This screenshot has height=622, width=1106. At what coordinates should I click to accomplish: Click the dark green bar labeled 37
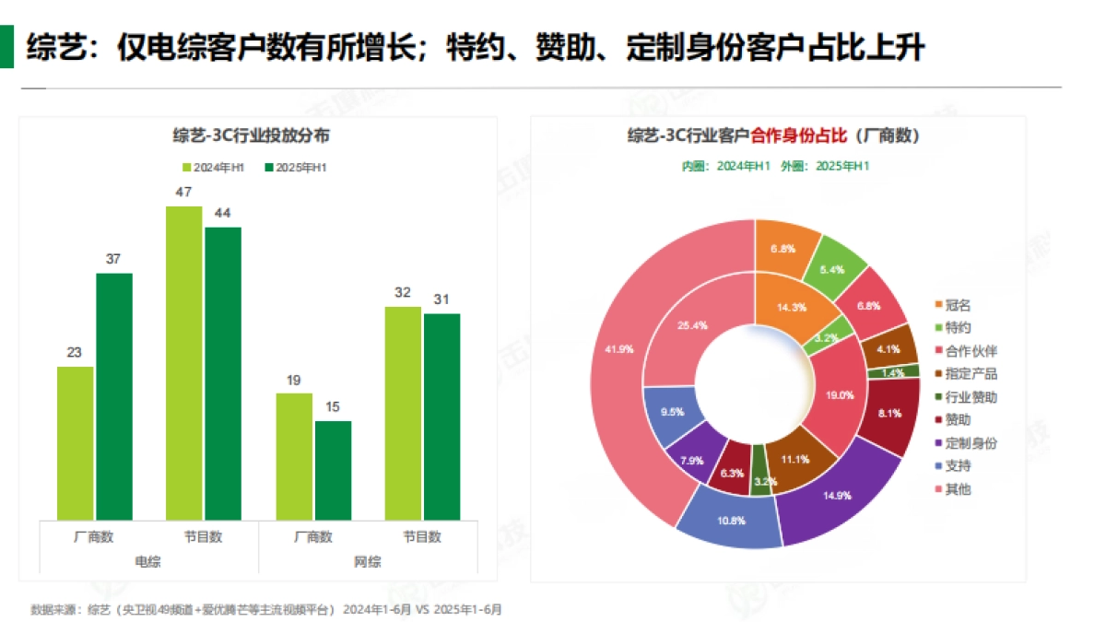click(114, 396)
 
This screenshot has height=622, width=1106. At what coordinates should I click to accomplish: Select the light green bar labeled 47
click(184, 363)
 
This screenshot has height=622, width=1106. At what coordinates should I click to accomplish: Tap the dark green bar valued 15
click(333, 470)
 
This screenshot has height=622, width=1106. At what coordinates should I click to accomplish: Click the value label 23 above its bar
click(75, 352)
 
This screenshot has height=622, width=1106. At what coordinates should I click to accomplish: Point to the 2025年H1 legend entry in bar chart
click(296, 168)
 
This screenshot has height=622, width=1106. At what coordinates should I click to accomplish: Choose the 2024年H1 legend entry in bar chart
click(214, 168)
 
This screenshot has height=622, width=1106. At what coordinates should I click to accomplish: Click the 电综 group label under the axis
click(147, 561)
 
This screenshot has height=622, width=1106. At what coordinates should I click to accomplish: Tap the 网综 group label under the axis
click(368, 561)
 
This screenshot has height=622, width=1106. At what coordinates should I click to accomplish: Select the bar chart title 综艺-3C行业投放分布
click(252, 136)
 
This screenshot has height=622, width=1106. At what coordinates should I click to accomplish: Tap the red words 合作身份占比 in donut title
click(798, 136)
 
